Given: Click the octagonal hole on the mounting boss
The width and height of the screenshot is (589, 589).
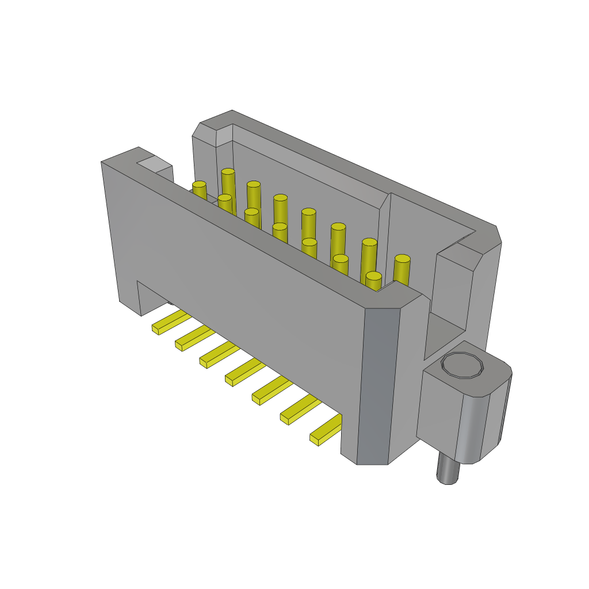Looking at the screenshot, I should click(462, 365).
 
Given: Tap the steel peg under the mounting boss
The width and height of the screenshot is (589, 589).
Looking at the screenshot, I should click(448, 469).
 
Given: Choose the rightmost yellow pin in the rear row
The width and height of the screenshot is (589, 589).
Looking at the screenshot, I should click(402, 270).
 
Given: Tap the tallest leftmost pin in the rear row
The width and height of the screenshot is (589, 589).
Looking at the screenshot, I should click(228, 184).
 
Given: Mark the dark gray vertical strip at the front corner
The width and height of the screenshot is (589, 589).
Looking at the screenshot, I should click(378, 385).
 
